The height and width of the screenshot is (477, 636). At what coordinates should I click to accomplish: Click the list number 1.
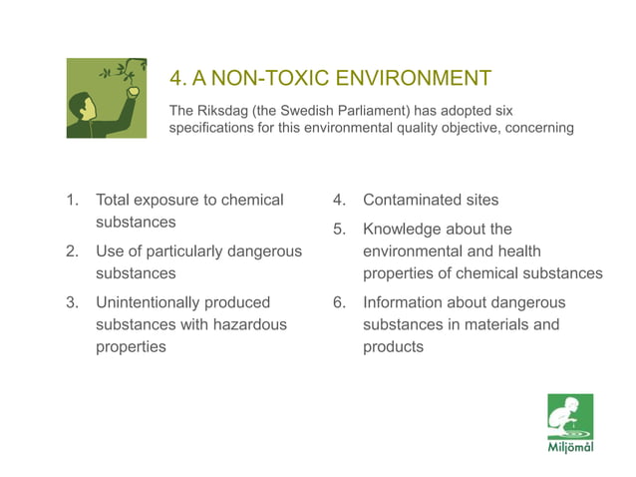point(72,200)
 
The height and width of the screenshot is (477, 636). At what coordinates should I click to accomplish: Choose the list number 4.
point(340,200)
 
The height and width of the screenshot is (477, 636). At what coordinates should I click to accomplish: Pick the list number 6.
point(340,302)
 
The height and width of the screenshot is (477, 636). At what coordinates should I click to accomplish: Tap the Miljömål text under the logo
point(570,447)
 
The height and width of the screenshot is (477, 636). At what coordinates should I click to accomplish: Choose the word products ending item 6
point(393,346)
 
